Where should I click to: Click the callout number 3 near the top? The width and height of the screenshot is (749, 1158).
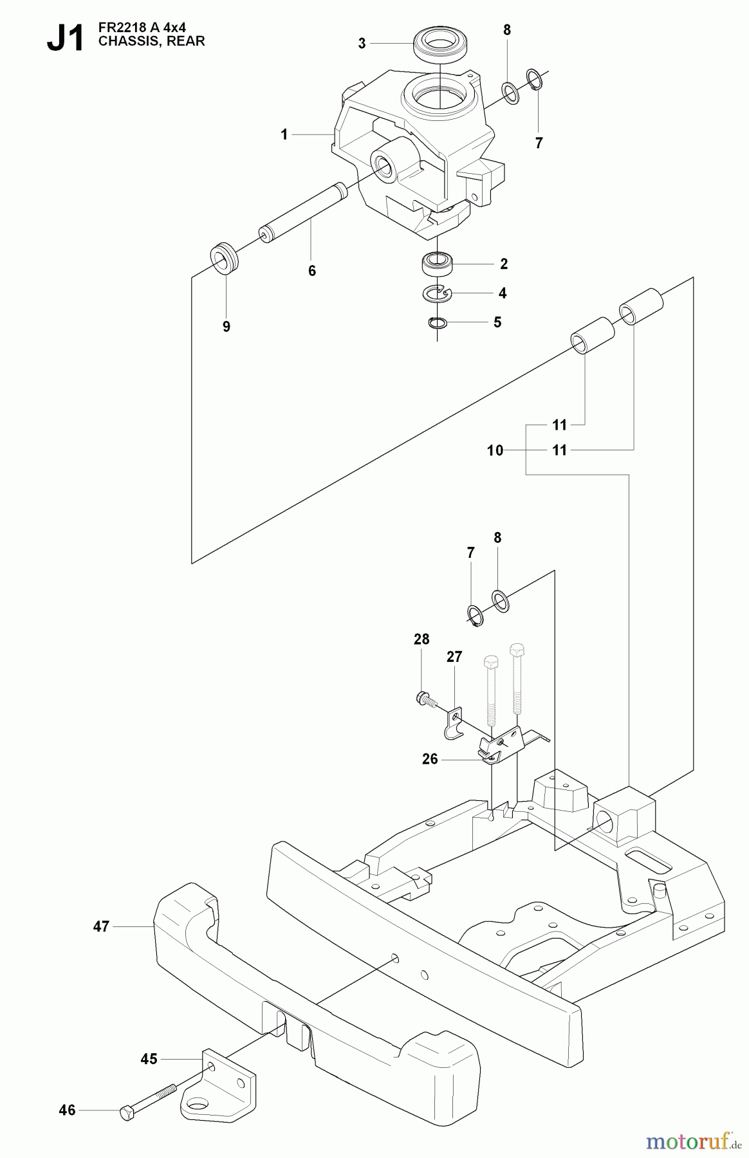(362, 43)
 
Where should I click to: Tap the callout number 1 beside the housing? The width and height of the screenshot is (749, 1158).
(284, 134)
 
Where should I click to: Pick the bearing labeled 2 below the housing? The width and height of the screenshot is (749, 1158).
(437, 263)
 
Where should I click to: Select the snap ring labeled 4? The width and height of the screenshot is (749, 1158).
(438, 293)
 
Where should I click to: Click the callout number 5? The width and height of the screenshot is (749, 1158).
(497, 322)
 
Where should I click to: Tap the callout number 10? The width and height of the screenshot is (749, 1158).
(495, 451)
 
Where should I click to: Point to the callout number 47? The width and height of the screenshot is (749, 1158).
(101, 926)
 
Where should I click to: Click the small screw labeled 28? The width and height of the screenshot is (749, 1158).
(424, 697)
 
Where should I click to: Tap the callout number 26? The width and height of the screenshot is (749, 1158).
(430, 759)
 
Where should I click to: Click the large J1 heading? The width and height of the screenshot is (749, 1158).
(66, 39)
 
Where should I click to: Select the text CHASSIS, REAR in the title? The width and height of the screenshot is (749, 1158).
(151, 42)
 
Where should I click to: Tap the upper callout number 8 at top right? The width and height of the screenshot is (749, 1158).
(507, 30)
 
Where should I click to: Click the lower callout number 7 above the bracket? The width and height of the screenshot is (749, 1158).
(470, 553)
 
